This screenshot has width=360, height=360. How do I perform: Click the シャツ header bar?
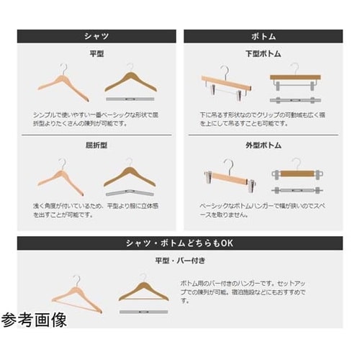point(96,36)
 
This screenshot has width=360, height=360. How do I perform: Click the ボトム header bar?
point(263,36)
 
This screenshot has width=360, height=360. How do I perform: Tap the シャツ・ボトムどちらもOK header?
point(180,242)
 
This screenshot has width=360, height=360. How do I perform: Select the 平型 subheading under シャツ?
point(96,54)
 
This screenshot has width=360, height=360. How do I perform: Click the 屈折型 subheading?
point(96,146)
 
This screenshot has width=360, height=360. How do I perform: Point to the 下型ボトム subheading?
point(263,54)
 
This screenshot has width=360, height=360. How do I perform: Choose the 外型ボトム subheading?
point(263,146)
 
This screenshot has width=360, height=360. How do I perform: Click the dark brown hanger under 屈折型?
point(131,174)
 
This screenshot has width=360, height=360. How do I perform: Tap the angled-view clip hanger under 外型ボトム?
point(225,176)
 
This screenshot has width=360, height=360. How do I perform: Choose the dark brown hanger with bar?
point(144,289)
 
